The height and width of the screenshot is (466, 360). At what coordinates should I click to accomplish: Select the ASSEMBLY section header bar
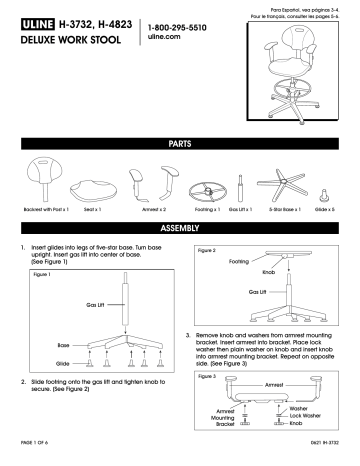pyautogui.click(x=180, y=228)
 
